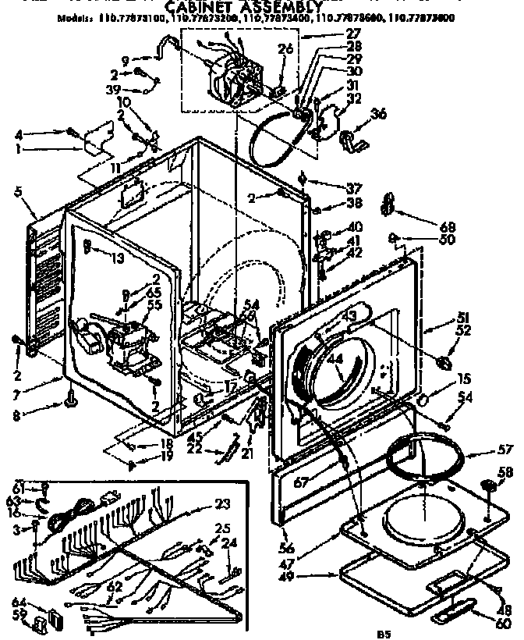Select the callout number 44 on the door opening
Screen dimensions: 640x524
(x=338, y=361)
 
